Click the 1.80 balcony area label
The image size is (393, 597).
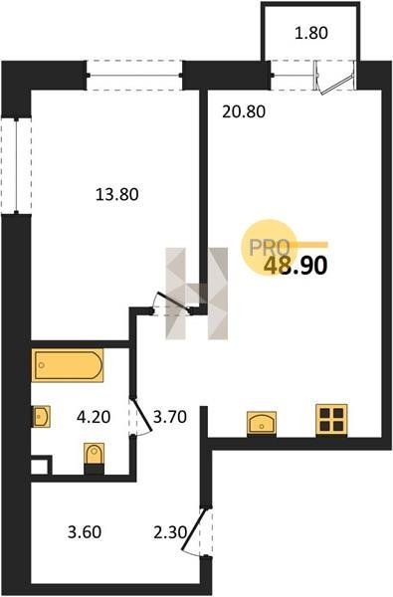[x=311, y=33]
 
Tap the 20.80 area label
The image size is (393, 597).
[x=244, y=111]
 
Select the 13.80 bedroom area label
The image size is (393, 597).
[x=117, y=195]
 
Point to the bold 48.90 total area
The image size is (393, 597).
[x=295, y=266]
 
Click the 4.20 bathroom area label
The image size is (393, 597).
[x=94, y=417]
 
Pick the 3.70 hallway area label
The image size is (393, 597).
[x=170, y=417]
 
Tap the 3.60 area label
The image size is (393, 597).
[x=85, y=532]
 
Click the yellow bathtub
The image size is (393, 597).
[x=68, y=365]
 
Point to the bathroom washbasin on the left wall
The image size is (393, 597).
[x=41, y=416]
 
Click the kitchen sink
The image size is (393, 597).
[x=262, y=422]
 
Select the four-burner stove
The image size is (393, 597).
[x=331, y=420]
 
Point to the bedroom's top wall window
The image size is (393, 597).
[x=134, y=75]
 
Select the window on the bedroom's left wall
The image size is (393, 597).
[x=16, y=165]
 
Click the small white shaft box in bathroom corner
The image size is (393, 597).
[x=41, y=466]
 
